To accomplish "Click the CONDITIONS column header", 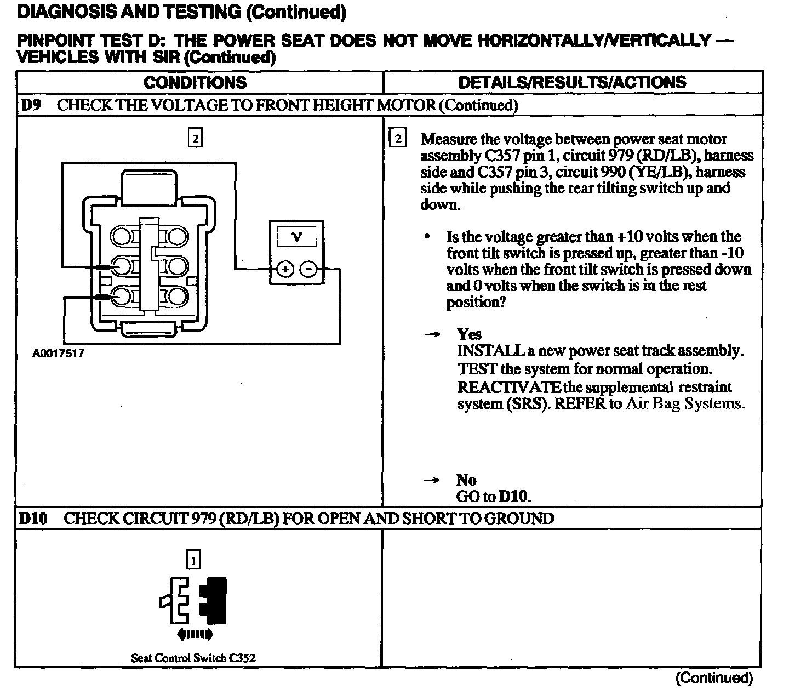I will (x=195, y=82).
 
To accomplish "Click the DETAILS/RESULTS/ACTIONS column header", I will (x=572, y=82).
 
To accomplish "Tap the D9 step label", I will (x=31, y=105).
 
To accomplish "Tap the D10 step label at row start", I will (x=33, y=519).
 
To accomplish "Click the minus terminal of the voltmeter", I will (x=308, y=269).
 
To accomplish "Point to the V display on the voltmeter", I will (x=297, y=237).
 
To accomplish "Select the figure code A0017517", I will (x=59, y=353).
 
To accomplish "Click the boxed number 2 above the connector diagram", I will (x=195, y=138).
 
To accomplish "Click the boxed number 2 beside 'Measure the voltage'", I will (x=398, y=139).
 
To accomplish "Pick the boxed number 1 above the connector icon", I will (x=194, y=560).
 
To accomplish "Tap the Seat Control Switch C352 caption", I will (x=193, y=658).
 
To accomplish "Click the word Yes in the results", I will (x=470, y=334).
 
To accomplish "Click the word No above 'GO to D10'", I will (x=466, y=480).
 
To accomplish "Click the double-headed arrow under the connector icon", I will (x=195, y=635).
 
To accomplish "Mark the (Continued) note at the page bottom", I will (x=714, y=678).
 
